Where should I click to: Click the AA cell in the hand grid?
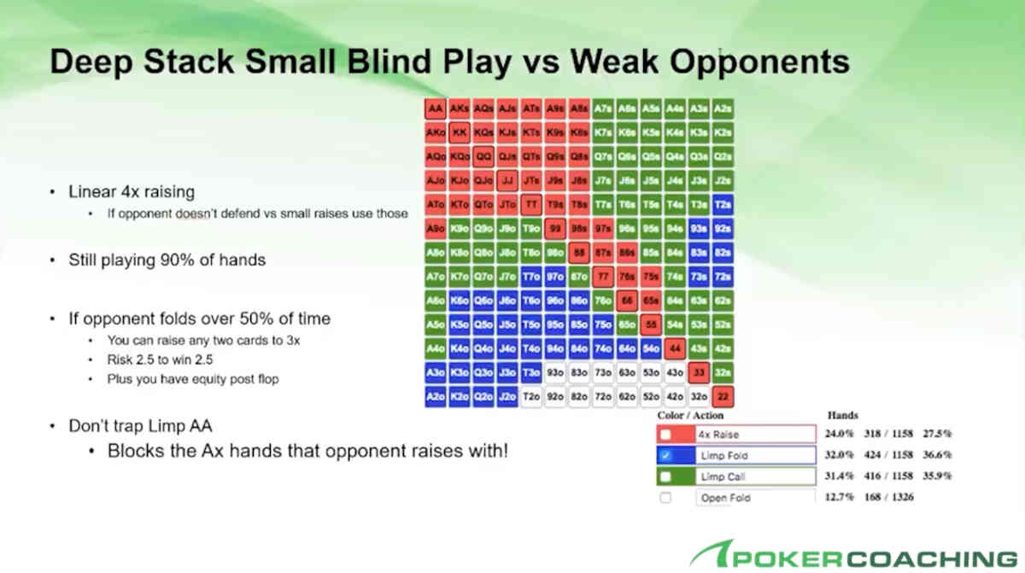[x=436, y=109]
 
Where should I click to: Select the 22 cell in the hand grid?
[x=723, y=397]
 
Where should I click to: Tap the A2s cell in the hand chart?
[x=723, y=109]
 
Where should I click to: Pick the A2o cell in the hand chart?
[x=436, y=397]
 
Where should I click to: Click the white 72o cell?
[x=603, y=397]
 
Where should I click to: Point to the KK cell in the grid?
[x=460, y=133]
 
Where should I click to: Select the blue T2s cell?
[x=723, y=205]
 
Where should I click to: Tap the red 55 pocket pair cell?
[x=651, y=325]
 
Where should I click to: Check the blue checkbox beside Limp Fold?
[x=665, y=455]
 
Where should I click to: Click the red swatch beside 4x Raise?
[x=665, y=434]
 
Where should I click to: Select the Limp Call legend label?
[x=723, y=477]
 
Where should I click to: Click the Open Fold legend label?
[x=725, y=498]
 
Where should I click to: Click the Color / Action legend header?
[x=690, y=415]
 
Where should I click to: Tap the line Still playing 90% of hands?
[x=167, y=260]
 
